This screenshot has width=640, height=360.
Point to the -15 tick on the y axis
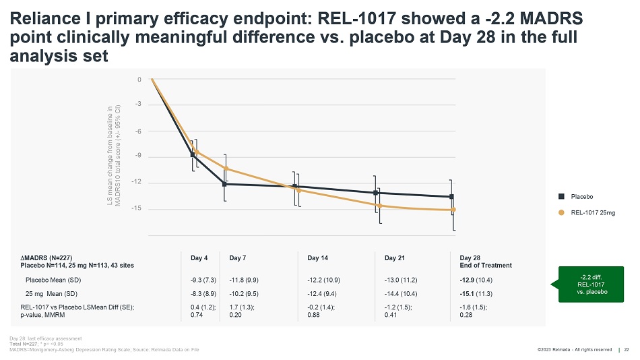(x=138, y=209)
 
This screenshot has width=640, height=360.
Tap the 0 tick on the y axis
(x=139, y=80)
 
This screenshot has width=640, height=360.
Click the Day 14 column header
(x=317, y=258)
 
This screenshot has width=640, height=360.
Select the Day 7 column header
(x=237, y=258)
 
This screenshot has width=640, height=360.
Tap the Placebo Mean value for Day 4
(x=203, y=279)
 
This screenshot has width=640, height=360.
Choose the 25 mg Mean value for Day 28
(x=475, y=293)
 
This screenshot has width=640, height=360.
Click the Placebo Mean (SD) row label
(x=53, y=279)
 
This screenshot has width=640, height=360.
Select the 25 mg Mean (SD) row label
(x=51, y=293)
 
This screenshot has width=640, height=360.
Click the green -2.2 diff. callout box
(x=593, y=284)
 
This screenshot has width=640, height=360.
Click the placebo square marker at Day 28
(x=451, y=197)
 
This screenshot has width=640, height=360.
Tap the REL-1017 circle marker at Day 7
(x=226, y=169)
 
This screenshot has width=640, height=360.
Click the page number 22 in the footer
(x=627, y=349)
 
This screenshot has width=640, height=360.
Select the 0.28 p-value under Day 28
(x=466, y=314)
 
